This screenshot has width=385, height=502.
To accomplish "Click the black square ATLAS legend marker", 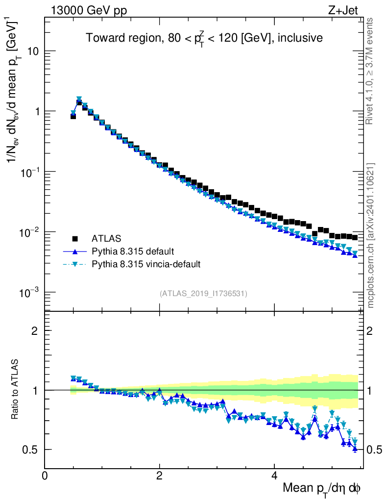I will point(75,239).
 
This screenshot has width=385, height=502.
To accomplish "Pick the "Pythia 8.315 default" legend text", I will point(133,251).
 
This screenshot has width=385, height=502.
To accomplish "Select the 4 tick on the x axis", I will point(274,476).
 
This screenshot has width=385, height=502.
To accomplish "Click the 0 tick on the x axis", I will point(45,476).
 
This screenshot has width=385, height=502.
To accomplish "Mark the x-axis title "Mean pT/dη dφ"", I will point(322,489).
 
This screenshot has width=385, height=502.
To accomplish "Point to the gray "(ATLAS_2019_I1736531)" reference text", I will point(203,294).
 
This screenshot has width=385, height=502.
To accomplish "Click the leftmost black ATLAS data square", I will point(73,116).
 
